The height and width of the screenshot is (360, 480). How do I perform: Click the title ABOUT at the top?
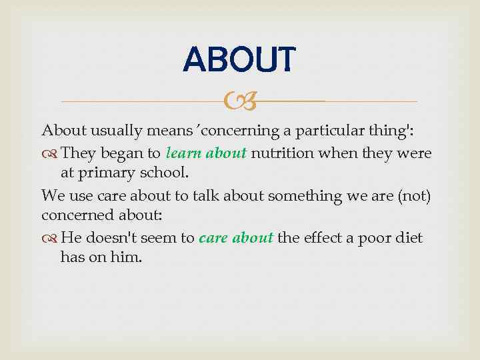(x=238, y=59)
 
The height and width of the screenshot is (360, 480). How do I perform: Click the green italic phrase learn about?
(x=207, y=153)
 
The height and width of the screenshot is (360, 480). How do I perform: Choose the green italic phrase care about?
(x=236, y=238)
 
